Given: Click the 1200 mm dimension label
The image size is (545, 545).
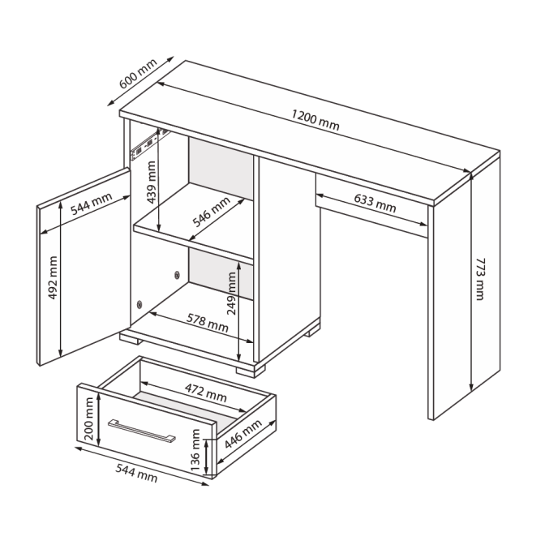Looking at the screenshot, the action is (315, 120).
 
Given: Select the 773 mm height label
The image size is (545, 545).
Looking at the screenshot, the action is (479, 279).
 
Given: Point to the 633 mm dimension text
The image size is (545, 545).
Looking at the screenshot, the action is (375, 203).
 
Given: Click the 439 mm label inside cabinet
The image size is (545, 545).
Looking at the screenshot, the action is (152, 182).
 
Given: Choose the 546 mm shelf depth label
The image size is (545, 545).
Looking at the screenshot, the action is (212, 212).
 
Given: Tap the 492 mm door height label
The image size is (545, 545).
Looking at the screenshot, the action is (53, 277).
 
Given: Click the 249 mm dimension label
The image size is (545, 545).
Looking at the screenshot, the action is (231, 294).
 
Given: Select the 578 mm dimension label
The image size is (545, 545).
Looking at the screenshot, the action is (208, 323).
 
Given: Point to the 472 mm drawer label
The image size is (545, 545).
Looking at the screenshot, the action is (206, 393).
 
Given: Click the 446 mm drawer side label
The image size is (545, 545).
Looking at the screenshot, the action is (243, 434).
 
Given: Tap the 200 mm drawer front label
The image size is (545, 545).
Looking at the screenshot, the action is (88, 418).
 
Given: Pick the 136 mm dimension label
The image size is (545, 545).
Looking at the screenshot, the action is (195, 450).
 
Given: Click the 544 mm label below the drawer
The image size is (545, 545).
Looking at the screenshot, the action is (136, 473).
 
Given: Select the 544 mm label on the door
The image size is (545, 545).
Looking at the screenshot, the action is (92, 204).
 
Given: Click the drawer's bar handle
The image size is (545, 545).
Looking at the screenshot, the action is (142, 431).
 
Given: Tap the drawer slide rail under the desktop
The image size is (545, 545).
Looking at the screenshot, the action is (150, 144).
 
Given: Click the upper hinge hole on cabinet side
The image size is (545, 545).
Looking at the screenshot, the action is (177, 275).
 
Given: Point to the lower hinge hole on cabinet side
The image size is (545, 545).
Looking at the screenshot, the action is (139, 305).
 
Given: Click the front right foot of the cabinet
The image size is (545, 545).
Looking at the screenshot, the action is (251, 371).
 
